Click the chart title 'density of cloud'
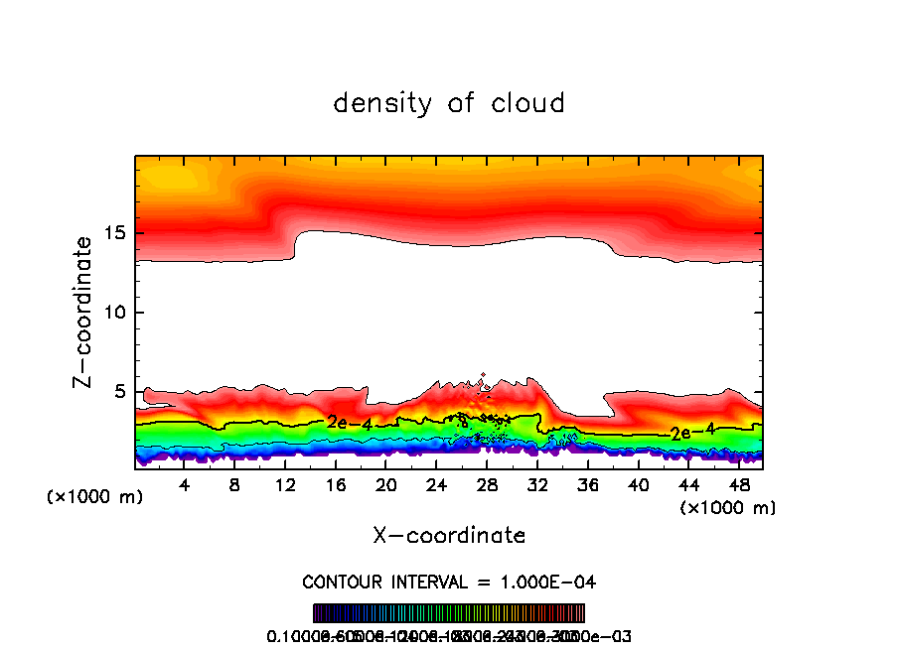coord(449,102)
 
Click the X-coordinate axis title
coord(449,535)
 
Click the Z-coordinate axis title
coord(85,312)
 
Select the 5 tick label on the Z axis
coord(122,392)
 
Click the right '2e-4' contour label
coord(692,432)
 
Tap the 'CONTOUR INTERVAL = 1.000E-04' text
coord(449,582)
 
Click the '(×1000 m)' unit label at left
coord(95,496)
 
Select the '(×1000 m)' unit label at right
coord(728,507)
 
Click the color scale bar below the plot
coord(449,612)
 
